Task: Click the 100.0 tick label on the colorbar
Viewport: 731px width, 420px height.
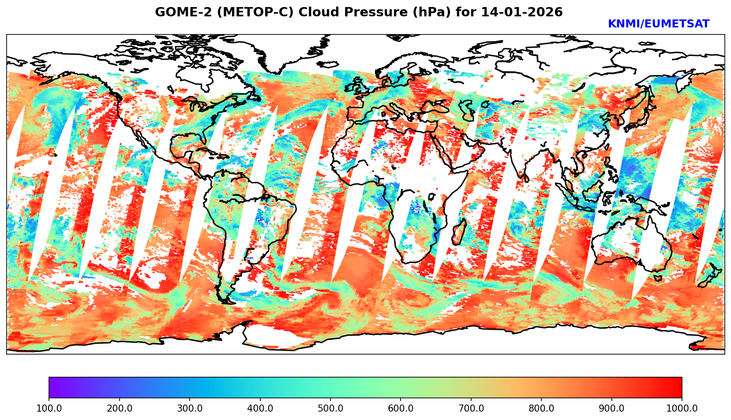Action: [49, 409]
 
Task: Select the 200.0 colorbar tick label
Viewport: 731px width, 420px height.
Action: [119, 409]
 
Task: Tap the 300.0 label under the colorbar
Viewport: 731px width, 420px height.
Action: [190, 409]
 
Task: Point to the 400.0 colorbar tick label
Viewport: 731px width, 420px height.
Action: [260, 409]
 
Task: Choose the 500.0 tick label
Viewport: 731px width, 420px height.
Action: [330, 409]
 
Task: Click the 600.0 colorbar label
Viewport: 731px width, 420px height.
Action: [401, 409]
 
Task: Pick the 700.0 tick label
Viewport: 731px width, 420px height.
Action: [471, 409]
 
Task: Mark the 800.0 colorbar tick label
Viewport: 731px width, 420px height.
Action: [541, 409]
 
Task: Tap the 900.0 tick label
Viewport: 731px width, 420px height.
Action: [612, 409]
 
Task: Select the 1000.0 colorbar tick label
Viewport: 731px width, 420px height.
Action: [682, 409]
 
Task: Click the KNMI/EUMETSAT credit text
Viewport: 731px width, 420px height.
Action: [658, 24]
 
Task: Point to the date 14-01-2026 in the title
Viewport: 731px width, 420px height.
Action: [522, 12]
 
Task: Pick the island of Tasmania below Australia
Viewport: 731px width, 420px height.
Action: [657, 278]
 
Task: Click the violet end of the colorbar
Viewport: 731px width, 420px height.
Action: [52, 388]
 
